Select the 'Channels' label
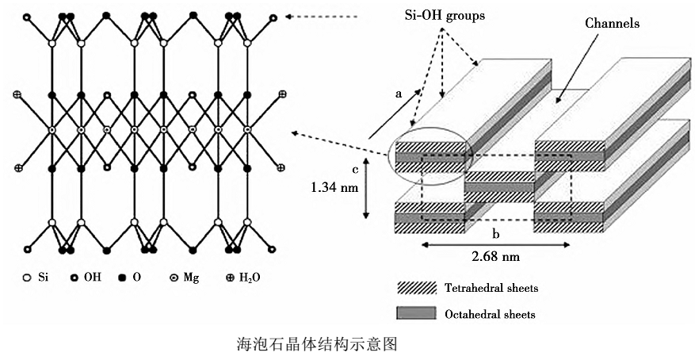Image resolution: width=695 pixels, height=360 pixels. click(612, 24)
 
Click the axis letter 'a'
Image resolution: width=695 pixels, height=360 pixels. click(398, 93)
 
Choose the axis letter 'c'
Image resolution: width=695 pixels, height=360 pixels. click(356, 168)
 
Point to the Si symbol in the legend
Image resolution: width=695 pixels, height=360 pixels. click(26, 278)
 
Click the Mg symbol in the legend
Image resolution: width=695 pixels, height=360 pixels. click(173, 278)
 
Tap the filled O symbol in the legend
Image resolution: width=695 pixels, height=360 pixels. click(122, 278)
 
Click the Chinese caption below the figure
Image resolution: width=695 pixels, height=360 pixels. click(316, 343)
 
